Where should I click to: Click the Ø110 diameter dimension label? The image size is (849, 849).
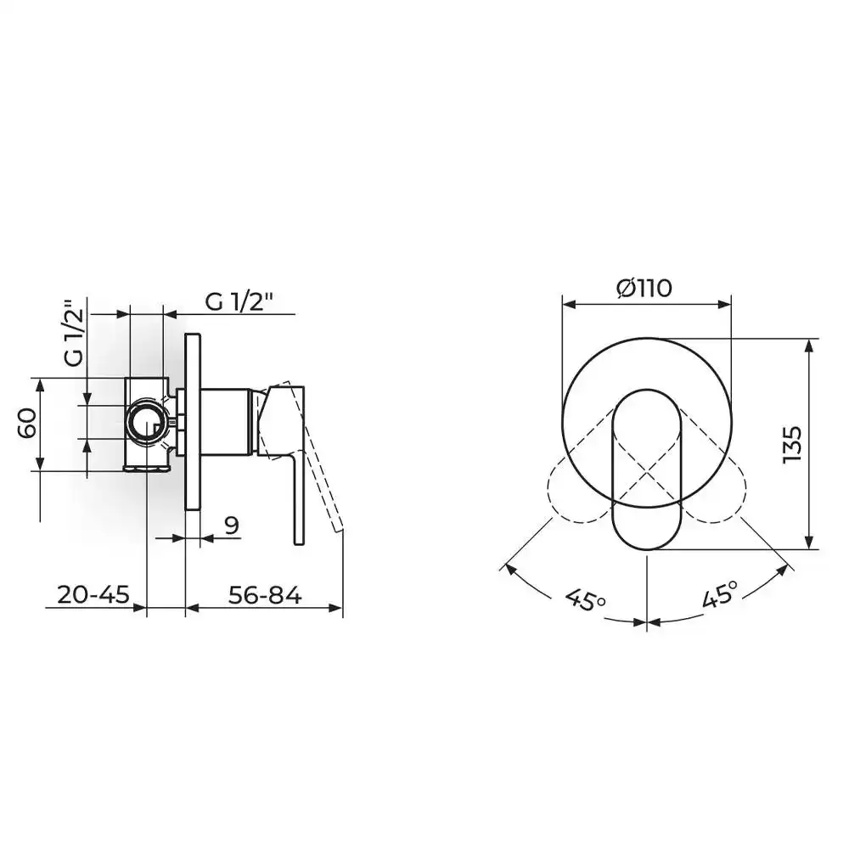pos(644,288)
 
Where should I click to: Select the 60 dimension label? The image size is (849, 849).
pos(27,423)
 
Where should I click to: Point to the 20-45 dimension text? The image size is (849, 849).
pos(93,595)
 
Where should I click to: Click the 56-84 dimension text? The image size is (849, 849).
pos(265,595)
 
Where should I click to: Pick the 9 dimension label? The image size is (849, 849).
pos(232,526)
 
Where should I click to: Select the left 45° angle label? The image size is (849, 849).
pos(585,599)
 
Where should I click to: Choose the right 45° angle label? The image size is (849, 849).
pos(720,594)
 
